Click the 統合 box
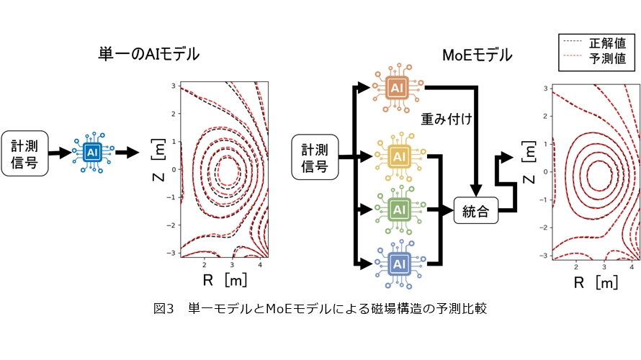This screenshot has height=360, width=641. pyautogui.click(x=476, y=211)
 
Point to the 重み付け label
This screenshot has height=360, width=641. pyautogui.click(x=447, y=118)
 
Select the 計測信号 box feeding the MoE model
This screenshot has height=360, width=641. pyautogui.click(x=314, y=158)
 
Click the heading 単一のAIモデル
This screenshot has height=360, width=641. pyautogui.click(x=149, y=54)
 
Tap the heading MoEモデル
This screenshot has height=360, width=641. pyautogui.click(x=477, y=55)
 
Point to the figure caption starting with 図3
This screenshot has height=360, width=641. pyautogui.click(x=320, y=309)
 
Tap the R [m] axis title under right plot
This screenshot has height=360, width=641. pyautogui.click(x=595, y=282)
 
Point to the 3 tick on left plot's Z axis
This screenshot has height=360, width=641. pyautogui.click(x=174, y=86)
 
